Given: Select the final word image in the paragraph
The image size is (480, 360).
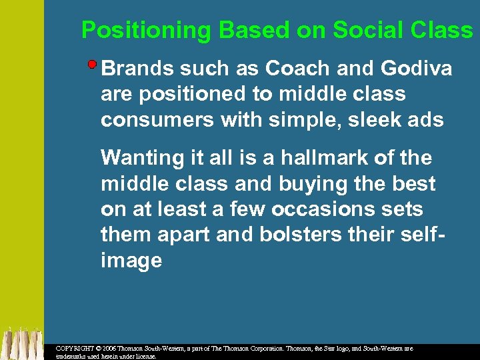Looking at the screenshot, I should point(131,261).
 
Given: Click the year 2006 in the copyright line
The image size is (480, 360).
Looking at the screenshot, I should point(111,349).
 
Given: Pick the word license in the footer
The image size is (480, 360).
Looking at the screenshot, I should point(145,357).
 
